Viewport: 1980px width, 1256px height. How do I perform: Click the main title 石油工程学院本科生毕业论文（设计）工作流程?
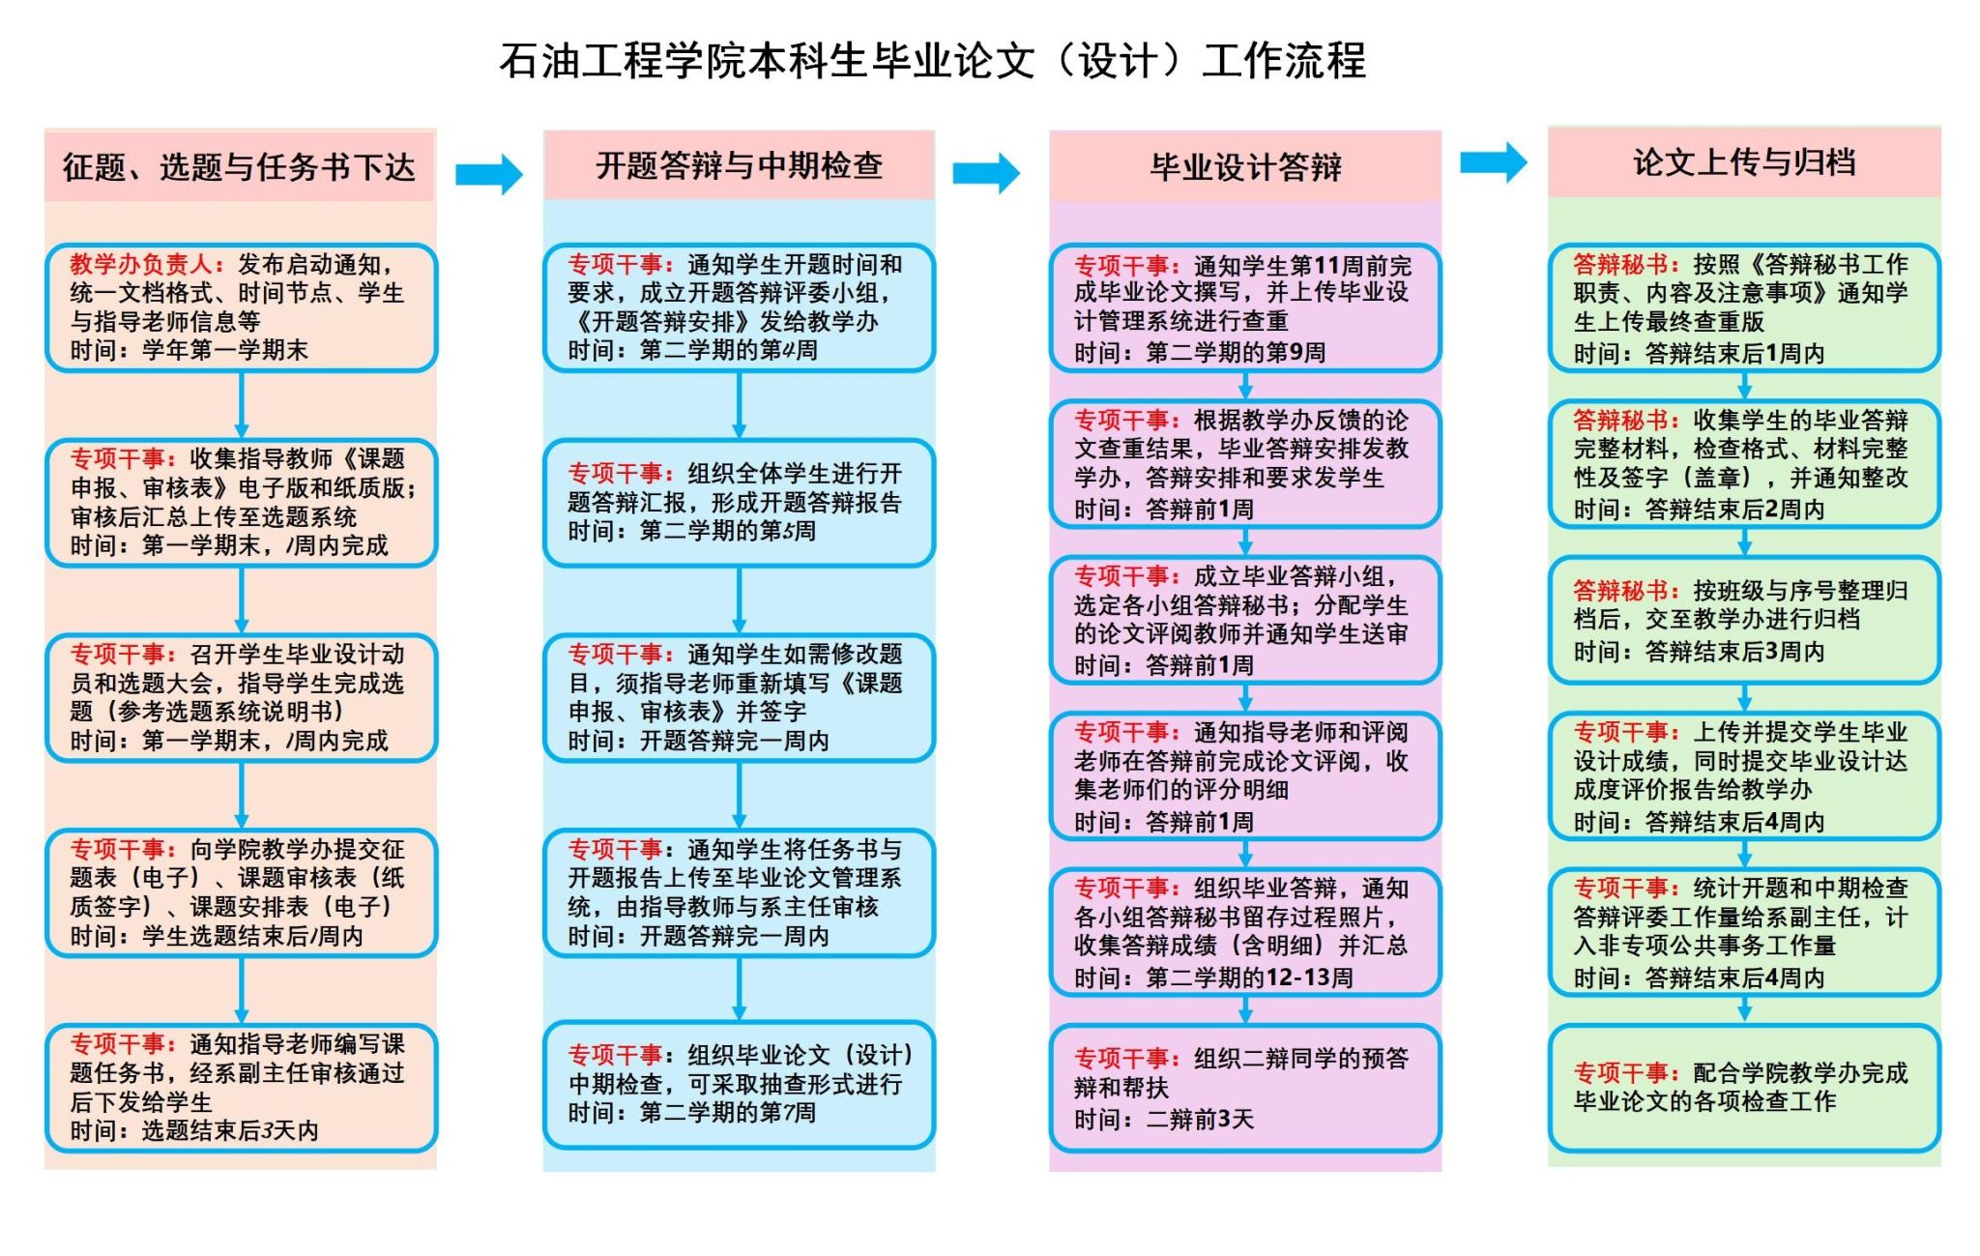(x=932, y=61)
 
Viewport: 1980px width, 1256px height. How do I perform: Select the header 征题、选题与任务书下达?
(x=239, y=167)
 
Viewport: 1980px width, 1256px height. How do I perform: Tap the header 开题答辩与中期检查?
(x=739, y=166)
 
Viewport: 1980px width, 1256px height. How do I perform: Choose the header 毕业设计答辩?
(x=1245, y=167)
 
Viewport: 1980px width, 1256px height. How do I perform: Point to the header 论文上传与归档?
(x=1744, y=162)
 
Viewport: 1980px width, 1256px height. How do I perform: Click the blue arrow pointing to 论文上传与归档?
(x=1493, y=162)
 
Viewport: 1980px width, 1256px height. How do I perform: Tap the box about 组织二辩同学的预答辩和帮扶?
(x=1245, y=1088)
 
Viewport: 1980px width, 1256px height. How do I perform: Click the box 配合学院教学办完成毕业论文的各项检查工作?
(x=1744, y=1088)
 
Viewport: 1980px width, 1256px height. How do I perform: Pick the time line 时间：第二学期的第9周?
(x=1200, y=352)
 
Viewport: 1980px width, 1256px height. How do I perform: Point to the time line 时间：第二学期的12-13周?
(x=1213, y=978)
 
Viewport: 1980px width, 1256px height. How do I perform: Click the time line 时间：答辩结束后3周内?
(x=1699, y=652)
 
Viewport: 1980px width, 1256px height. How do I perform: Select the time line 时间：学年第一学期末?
(x=189, y=350)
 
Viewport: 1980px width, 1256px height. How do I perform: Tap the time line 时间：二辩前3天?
(x=1164, y=1120)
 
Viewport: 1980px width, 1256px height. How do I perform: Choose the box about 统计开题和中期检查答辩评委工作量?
(x=1744, y=931)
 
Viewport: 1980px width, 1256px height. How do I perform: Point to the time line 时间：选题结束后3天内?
(x=193, y=1130)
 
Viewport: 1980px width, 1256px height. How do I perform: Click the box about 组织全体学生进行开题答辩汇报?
(x=739, y=502)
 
